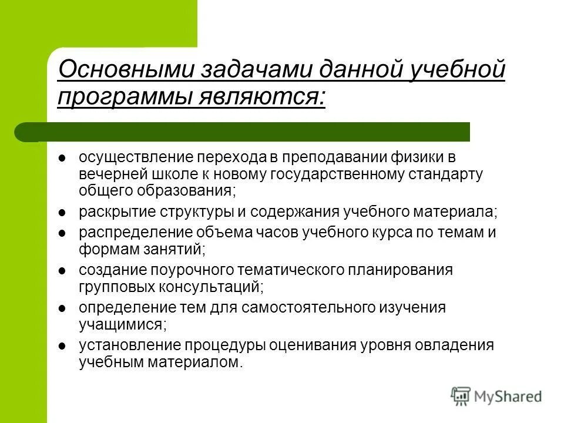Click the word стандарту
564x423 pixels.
click(454, 174)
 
